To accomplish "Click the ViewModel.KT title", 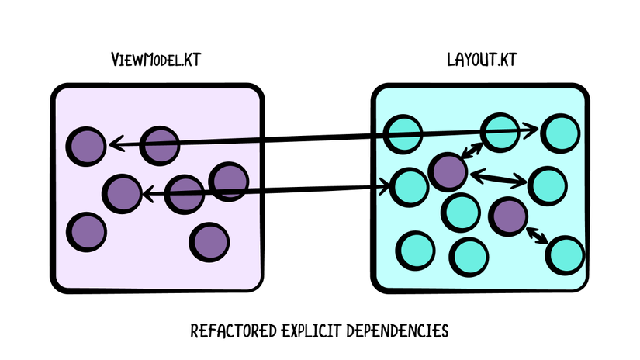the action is click(156, 60).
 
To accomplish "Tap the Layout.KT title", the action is click(482, 60).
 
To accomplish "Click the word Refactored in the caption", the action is click(234, 331).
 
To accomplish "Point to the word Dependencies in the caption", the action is click(397, 331).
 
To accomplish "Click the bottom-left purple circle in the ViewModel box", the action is click(87, 232).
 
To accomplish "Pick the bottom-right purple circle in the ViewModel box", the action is click(209, 242).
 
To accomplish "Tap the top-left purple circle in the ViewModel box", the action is click(86, 146).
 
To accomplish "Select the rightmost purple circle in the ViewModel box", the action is click(229, 182).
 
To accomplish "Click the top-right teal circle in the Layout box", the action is click(560, 133).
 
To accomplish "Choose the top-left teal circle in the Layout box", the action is click(403, 134).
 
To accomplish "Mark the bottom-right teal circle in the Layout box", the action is click(566, 255).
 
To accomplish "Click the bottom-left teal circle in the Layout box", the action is click(416, 251).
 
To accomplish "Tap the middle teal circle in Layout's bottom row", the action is click(469, 257).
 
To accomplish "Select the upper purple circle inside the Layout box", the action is click(448, 171).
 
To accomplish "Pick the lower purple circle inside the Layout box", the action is click(508, 216).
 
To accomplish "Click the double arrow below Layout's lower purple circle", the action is click(537, 236).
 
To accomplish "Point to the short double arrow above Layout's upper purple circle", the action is click(472, 151).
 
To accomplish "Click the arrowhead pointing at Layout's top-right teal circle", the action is click(531, 130).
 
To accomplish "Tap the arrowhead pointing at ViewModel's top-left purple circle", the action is click(116, 144).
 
